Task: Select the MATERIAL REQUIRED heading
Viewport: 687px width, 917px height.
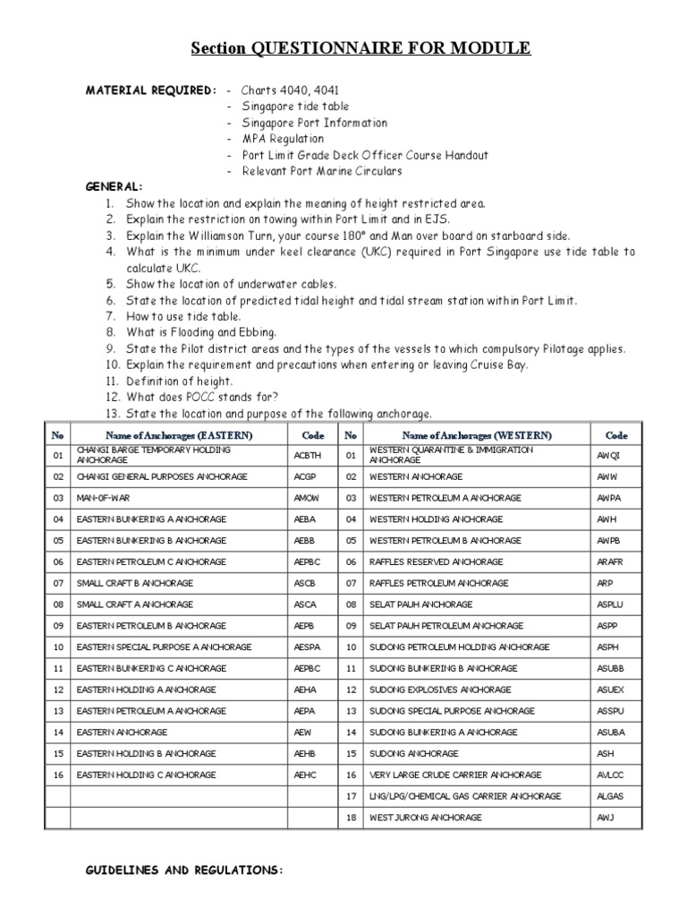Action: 150,90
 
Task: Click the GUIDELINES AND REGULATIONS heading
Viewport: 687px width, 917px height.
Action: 183,869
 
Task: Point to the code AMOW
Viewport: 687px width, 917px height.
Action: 307,498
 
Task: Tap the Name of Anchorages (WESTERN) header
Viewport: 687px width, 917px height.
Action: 477,435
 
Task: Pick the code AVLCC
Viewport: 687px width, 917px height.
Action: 610,775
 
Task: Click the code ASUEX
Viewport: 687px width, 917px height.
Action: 610,690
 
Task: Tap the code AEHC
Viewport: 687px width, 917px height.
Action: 306,775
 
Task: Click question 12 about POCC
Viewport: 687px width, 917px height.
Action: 201,397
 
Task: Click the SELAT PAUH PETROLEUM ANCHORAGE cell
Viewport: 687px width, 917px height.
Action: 442,626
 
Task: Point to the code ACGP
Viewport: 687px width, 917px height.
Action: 306,476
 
